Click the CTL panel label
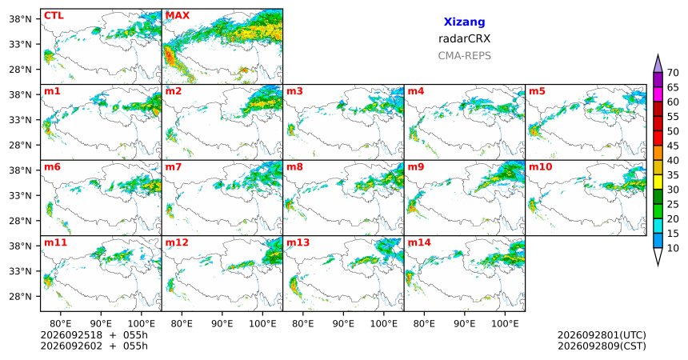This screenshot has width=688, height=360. pos(54,16)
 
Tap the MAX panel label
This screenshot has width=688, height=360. pos(178,16)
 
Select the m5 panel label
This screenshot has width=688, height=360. pos(537,91)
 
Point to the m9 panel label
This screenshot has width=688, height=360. pos(416,167)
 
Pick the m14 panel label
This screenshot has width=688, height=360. pos(419,242)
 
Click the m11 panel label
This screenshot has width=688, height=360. pos(55,242)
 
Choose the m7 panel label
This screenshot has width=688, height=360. pos(174,167)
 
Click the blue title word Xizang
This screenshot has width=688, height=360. pos(464,22)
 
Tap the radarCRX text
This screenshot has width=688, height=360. pos(464,38)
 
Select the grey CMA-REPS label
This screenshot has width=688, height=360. pos(464,56)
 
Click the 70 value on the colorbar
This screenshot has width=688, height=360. pos(673,73)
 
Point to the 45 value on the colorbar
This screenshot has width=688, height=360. pos(673,146)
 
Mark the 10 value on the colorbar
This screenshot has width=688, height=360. pos(673,249)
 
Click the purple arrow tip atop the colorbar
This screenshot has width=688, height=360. pos(658,56)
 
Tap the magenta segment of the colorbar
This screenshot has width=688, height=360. pos(658,94)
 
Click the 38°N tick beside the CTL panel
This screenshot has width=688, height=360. pos(20,19)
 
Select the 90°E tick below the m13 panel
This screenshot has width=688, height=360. pos(343,324)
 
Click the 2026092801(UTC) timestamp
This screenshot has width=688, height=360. pos(602,335)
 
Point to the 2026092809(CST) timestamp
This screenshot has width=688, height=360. pos(602,346)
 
